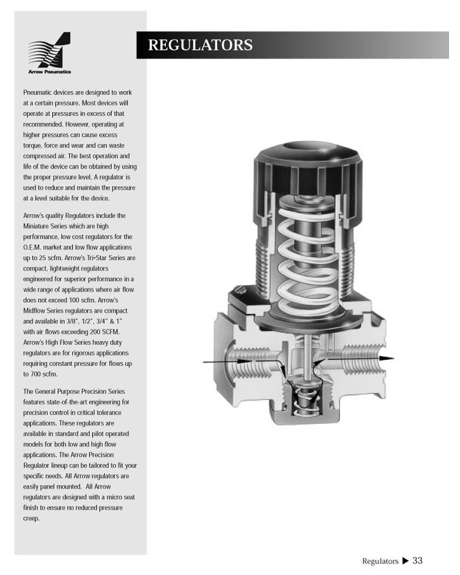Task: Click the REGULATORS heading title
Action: (200, 45)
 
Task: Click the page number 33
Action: (417, 560)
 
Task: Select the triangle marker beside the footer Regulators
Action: (405, 560)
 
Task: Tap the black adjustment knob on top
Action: (301, 164)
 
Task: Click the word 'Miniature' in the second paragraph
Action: (37, 226)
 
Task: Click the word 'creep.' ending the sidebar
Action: (31, 518)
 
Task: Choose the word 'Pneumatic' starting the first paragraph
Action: (38, 93)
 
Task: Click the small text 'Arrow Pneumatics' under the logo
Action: (49, 72)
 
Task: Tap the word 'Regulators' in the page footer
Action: (380, 561)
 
